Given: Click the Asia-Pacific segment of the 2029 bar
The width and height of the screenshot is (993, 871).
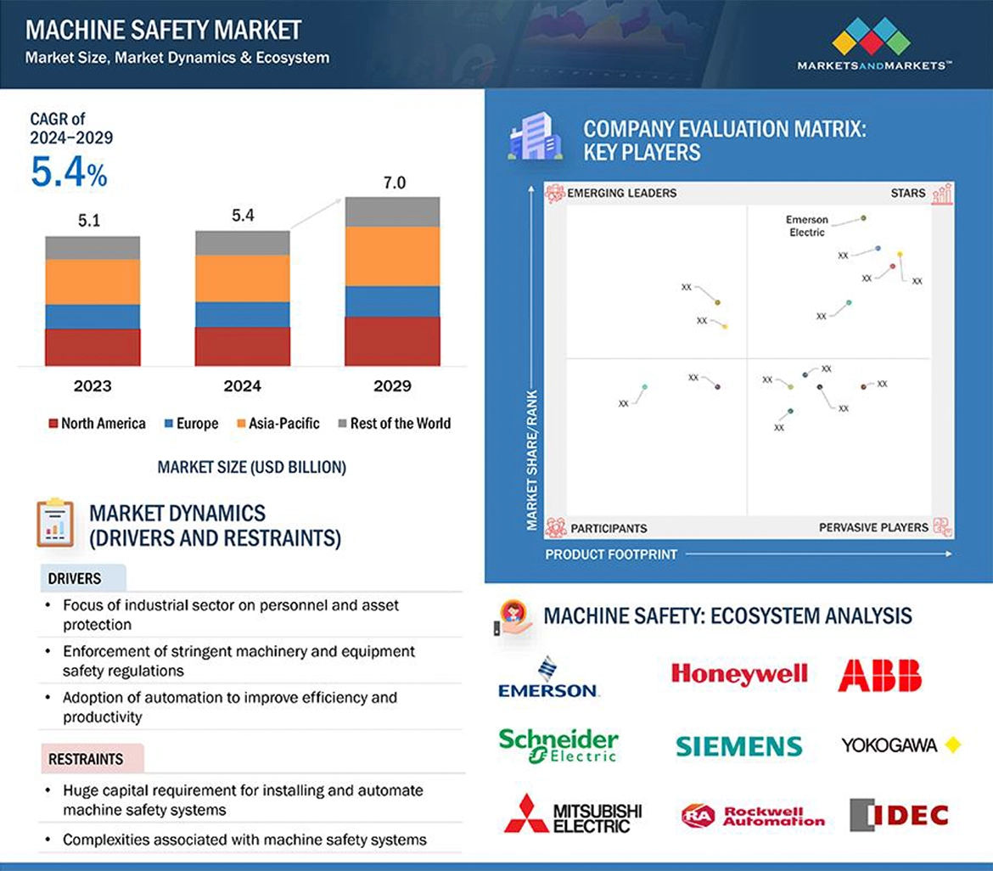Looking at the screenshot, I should pos(392,256).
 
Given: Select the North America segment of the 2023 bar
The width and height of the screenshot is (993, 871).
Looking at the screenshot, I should pos(93,346).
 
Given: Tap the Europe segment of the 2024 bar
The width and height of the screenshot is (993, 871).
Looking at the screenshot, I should pos(243,314).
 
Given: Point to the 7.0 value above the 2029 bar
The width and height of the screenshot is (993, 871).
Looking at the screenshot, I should pos(394,183).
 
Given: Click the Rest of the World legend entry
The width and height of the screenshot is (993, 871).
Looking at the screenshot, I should pos(394,424).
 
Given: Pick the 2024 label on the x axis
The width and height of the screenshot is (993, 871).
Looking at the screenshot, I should pos(243,386).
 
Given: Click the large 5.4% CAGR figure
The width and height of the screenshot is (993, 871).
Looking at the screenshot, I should pos(69,171).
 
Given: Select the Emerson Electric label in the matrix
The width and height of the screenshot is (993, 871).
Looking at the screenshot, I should pos(806,226).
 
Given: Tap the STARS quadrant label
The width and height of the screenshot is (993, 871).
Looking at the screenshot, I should pos(907,194).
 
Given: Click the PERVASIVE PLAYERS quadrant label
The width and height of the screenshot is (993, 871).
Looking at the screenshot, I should pos(873,528).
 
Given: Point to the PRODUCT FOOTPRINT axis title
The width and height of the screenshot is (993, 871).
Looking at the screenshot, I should pos(611,554).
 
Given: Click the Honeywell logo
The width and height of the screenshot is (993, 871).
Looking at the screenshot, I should pos(738,674).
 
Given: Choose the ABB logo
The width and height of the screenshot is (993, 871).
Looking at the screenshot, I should pos(879,676).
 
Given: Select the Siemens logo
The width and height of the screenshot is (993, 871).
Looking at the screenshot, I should pos(738,745).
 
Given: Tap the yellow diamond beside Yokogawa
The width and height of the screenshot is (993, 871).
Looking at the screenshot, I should pos(952,745).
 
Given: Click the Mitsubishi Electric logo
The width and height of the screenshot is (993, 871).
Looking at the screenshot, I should pos(573,814).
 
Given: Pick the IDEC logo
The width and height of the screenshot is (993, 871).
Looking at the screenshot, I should pos(898,815).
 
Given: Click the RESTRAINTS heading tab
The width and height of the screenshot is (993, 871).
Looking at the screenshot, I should pos(86,759).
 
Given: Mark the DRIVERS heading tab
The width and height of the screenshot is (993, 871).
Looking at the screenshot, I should pos(75,579).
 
